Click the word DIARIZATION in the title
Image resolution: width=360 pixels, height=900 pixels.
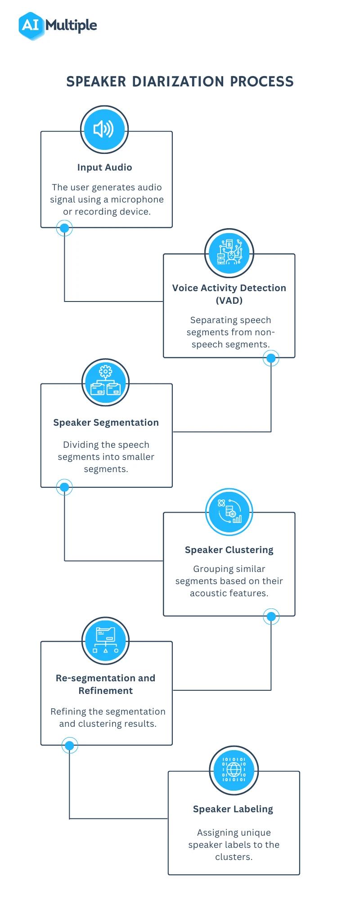pyautogui.click(x=178, y=81)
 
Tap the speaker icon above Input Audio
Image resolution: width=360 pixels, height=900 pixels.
pyautogui.click(x=104, y=129)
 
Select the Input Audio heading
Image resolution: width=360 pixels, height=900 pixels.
pyautogui.click(x=104, y=167)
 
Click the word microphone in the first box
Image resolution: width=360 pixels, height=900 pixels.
pyautogui.click(x=137, y=199)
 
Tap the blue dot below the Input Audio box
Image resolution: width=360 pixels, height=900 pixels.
pyautogui.click(x=64, y=228)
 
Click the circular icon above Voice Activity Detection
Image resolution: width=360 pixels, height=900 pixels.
pyautogui.click(x=229, y=252)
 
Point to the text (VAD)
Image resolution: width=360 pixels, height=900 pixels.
pyautogui.click(x=229, y=301)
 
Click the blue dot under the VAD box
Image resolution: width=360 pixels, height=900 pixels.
pyautogui.click(x=271, y=358)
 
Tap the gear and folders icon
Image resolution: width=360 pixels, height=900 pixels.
pyautogui.click(x=105, y=382)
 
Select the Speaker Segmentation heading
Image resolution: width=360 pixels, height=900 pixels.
pyautogui.click(x=106, y=423)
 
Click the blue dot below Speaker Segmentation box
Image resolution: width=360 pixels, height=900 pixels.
pyautogui.click(x=64, y=487)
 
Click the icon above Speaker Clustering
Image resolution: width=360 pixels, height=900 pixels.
pyautogui.click(x=229, y=512)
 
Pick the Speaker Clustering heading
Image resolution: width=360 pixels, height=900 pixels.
pyautogui.click(x=229, y=550)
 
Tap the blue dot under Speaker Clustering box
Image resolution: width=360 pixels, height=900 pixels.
pyautogui.click(x=271, y=616)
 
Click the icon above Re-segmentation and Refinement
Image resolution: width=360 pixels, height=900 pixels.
pyautogui.click(x=105, y=640)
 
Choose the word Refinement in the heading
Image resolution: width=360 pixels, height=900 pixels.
pyautogui.click(x=105, y=691)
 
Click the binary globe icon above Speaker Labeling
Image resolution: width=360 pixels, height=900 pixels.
pyautogui.click(x=234, y=770)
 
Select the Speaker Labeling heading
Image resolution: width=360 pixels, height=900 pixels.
pyautogui.click(x=233, y=809)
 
